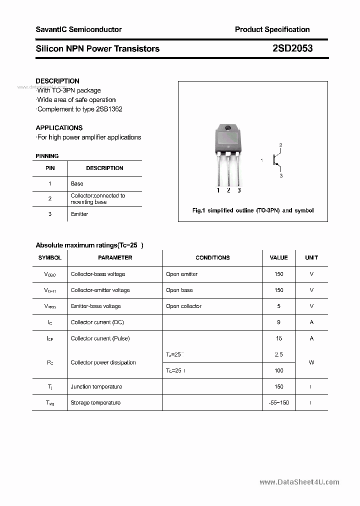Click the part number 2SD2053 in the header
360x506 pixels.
[292, 48]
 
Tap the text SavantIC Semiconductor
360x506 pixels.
[78, 29]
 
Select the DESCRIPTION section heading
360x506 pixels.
[57, 81]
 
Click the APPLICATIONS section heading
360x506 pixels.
[59, 127]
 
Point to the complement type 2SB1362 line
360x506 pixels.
[80, 109]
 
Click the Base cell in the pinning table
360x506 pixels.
[77, 183]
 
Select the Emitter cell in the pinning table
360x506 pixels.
[79, 214]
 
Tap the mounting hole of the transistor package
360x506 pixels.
[228, 128]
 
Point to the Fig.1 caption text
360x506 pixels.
[253, 210]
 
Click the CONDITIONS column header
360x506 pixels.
[212, 257]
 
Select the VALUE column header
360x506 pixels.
[278, 257]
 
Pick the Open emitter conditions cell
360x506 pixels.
[181, 274]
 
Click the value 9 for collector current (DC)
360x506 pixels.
[278, 322]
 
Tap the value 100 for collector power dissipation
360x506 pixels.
[278, 370]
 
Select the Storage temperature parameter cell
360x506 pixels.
[95, 402]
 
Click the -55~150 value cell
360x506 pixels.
[278, 402]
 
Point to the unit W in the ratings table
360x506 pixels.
[311, 362]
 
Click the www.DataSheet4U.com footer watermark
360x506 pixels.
[299, 482]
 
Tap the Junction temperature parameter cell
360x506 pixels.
[96, 386]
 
